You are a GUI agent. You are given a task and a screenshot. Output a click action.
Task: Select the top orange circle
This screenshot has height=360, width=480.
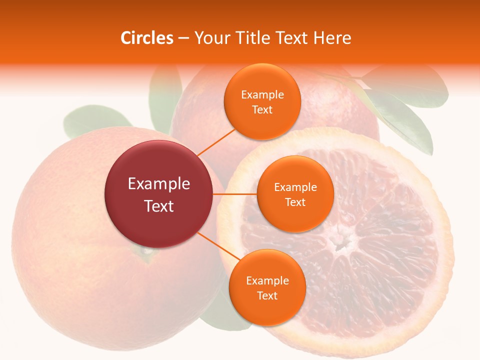point(262,101)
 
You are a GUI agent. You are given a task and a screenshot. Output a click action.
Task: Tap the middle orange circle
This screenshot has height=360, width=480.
point(295,194)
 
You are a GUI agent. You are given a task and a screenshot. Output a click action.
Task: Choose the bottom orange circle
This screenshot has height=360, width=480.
point(267,288)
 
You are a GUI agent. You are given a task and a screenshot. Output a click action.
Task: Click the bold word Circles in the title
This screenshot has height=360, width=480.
point(147,38)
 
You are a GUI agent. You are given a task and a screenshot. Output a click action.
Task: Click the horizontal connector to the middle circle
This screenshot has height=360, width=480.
point(234,193)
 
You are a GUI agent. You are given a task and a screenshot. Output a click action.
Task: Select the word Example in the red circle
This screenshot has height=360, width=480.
point(158,184)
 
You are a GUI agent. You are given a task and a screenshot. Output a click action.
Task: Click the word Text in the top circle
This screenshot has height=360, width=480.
point(262,110)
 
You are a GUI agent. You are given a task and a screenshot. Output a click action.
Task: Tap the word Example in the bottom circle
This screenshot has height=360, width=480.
point(267,280)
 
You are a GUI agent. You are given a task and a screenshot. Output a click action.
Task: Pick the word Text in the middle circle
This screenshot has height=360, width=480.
point(295,202)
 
